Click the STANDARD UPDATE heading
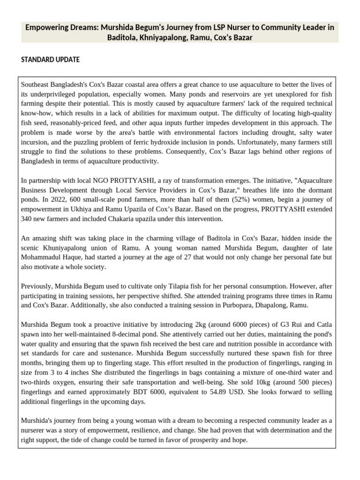[x=51, y=60]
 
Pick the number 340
[x=27, y=219]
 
